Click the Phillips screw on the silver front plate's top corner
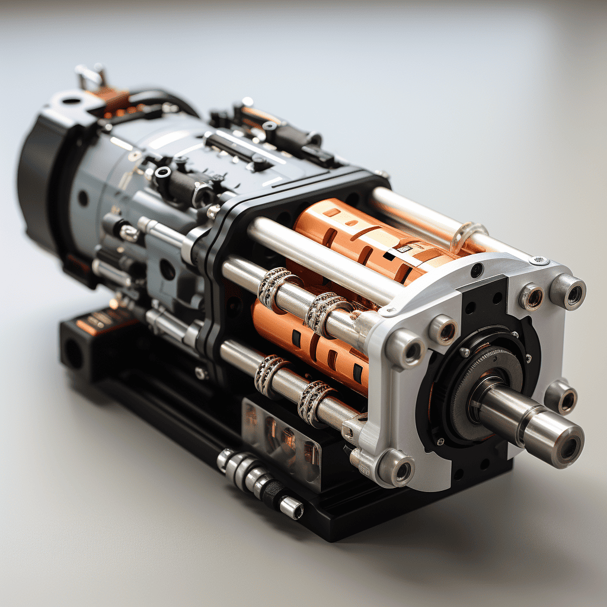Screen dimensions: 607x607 point(539,260)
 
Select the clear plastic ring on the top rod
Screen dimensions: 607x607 point(468,235)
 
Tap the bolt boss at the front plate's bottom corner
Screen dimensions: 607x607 point(396,468)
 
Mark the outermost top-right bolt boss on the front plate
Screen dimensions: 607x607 point(568,292)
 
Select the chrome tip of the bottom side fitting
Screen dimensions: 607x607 point(291,507)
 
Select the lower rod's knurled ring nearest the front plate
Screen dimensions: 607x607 point(314,403)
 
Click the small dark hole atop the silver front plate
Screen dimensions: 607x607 point(477,270)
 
